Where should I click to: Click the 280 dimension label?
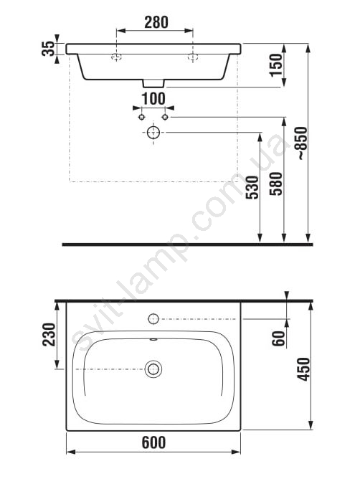click(156, 22)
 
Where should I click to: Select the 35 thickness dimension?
click(48, 49)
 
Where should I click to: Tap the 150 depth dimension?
click(276, 65)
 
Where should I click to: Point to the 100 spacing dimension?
click(153, 99)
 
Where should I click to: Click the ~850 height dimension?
click(301, 143)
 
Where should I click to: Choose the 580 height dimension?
click(276, 184)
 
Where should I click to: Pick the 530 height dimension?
click(252, 187)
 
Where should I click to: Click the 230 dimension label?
click(49, 335)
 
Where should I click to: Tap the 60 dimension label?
click(278, 338)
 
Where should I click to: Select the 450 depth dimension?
click(303, 369)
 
